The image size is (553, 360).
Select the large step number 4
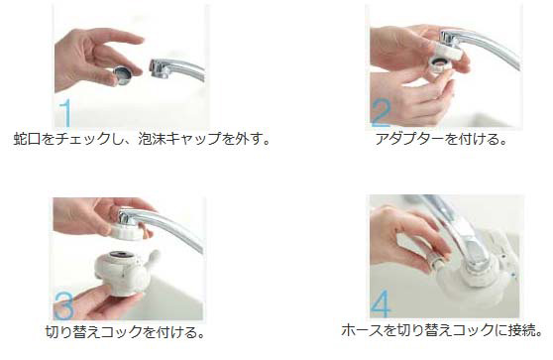382,302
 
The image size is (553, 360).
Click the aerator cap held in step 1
120,75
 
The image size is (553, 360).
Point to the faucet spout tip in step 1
159,68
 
